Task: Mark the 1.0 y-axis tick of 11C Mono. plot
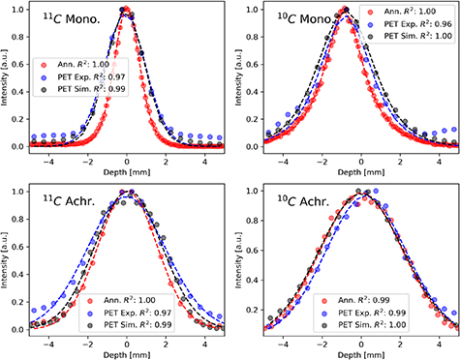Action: (x=18, y=10)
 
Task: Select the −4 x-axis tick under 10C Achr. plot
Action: (x=282, y=344)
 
